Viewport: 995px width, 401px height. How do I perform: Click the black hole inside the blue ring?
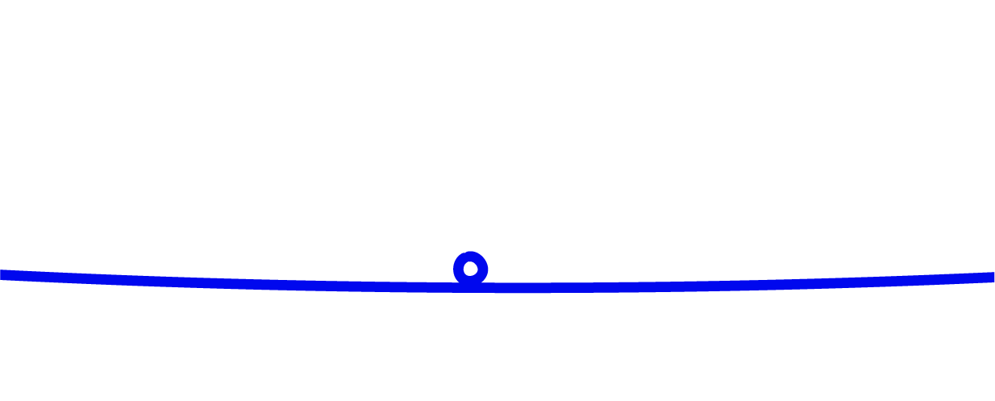coord(471,269)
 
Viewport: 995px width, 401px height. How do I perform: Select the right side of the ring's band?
coord(483,269)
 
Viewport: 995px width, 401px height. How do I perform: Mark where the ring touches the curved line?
coord(471,283)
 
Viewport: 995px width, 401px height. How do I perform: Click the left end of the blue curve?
coord(3,274)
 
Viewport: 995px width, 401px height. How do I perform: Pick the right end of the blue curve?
coord(991,277)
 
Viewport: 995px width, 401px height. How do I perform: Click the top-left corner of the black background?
coord(2,2)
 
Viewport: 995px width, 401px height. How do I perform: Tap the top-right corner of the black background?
coord(993,2)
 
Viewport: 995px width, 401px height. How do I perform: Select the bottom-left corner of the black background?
coord(2,399)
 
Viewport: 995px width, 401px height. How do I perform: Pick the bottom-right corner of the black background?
coord(993,399)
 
